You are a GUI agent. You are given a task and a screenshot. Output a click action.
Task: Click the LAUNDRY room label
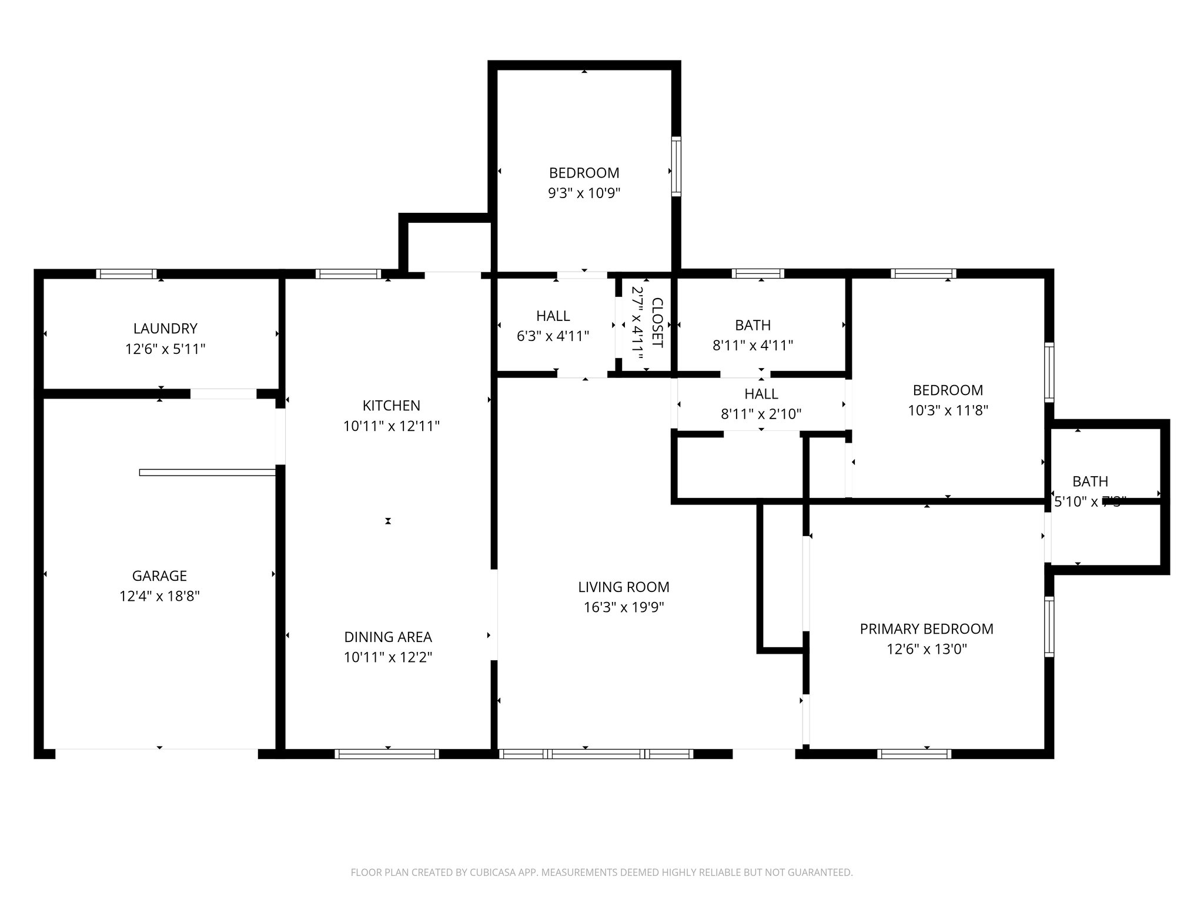tap(165, 329)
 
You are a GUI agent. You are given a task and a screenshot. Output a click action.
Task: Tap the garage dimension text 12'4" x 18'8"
tap(159, 596)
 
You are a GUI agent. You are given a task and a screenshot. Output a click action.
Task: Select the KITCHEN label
tap(391, 406)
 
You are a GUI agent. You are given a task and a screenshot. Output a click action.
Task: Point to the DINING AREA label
tap(387, 637)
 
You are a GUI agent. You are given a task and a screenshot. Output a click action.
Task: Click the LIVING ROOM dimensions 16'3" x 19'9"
tap(623, 607)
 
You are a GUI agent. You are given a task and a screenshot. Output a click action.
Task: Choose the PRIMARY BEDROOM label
tap(927, 629)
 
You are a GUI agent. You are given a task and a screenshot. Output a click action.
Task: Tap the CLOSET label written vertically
tap(657, 323)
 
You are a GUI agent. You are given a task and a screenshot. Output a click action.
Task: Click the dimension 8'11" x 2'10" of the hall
tap(761, 414)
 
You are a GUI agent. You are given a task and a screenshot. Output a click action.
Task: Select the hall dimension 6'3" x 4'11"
tap(553, 336)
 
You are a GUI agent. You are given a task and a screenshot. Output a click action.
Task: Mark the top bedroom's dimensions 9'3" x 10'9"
tap(584, 193)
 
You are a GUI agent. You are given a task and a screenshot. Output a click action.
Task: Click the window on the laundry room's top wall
tap(126, 274)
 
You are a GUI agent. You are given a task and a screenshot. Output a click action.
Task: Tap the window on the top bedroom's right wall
tap(676, 166)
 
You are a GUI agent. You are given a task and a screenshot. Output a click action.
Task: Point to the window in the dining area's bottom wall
tap(387, 754)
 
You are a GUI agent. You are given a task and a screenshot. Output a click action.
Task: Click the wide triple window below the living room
tap(596, 754)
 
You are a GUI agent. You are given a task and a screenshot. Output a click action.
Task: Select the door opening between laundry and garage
tap(223, 394)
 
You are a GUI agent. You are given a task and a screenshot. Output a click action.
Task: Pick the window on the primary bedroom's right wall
tap(1049, 626)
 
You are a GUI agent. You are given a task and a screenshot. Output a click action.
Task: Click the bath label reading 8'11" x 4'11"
tap(752, 346)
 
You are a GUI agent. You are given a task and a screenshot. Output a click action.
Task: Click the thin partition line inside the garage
tap(208, 472)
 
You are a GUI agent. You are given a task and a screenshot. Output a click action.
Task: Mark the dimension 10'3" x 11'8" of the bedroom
tap(948, 410)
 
